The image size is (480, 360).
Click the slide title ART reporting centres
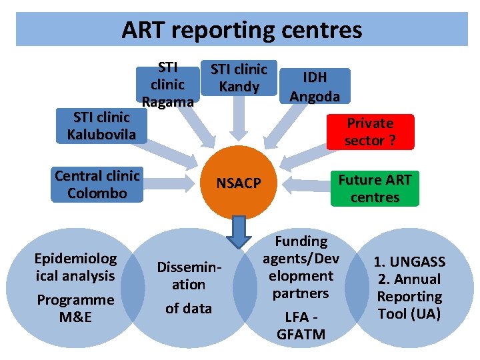[241, 30]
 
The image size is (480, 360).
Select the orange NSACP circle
[238, 183]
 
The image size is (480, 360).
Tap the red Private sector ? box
[370, 132]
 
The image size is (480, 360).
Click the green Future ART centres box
[375, 188]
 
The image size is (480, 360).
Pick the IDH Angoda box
[315, 87]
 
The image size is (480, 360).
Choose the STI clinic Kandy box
[239, 78]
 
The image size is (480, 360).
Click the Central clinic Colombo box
[97, 185]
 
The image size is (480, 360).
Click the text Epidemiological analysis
[76, 267]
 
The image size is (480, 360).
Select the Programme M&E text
[75, 308]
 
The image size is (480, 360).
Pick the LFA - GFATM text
[301, 325]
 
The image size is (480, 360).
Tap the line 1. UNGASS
[409, 262]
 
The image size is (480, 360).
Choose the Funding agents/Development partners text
[301, 267]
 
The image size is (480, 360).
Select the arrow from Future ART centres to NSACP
[303, 183]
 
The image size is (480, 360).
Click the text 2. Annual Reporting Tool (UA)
[409, 296]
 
